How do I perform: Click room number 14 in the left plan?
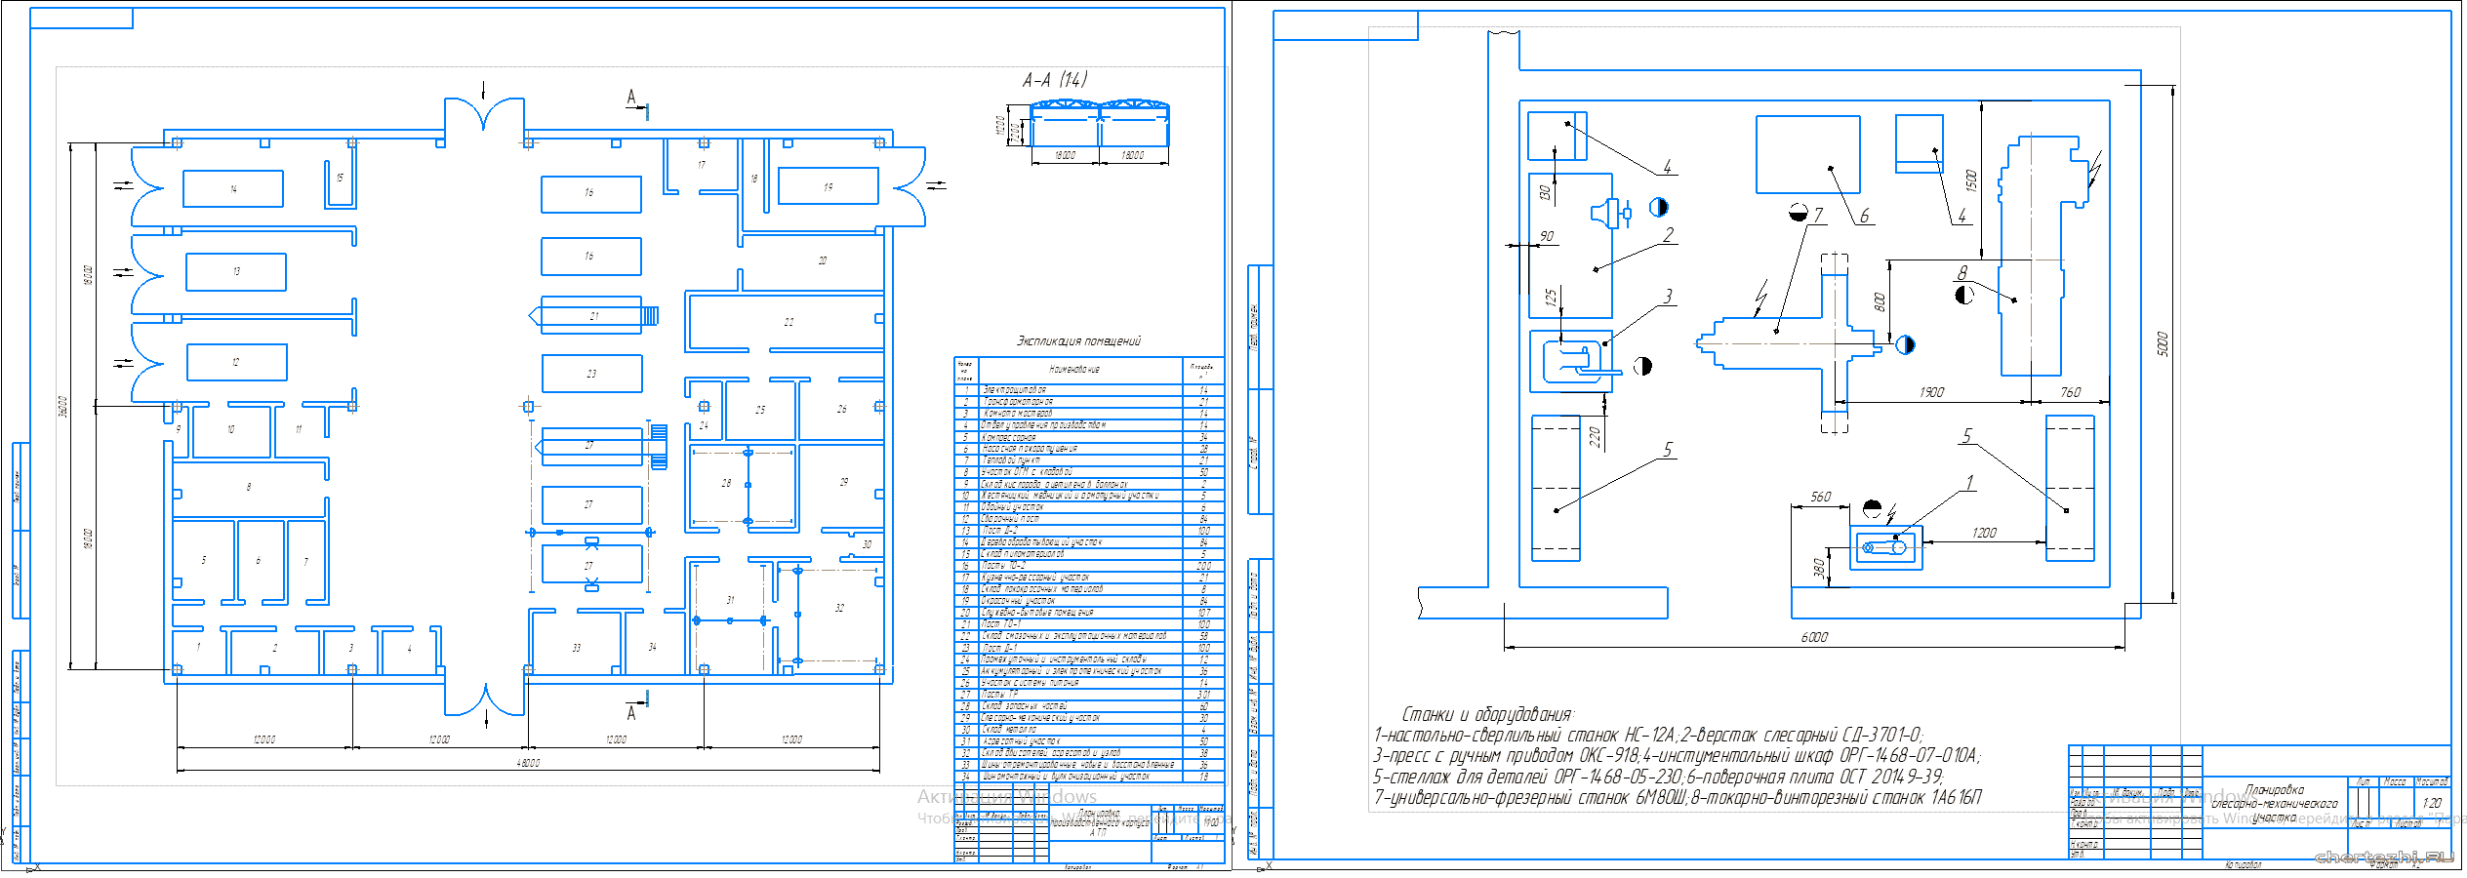point(233,189)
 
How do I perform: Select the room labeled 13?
point(236,272)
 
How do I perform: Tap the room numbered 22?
point(789,322)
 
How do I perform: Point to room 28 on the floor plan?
point(726,483)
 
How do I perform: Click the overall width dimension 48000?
point(528,763)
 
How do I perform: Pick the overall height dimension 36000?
point(63,406)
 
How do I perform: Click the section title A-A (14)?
point(1054,80)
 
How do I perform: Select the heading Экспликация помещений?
point(1077,341)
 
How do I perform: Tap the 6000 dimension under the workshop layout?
point(1814,637)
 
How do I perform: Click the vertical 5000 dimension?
point(2163,343)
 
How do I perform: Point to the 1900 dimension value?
point(1931,392)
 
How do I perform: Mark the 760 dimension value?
point(2070,392)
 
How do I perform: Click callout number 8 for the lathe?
point(1962,273)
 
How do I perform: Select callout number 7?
point(1817,215)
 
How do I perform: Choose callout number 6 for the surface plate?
point(1864,216)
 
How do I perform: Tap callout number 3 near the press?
point(1668,296)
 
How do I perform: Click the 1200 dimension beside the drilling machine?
point(1984,533)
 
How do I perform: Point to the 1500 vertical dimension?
point(1970,180)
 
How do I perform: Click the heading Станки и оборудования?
point(1487,715)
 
